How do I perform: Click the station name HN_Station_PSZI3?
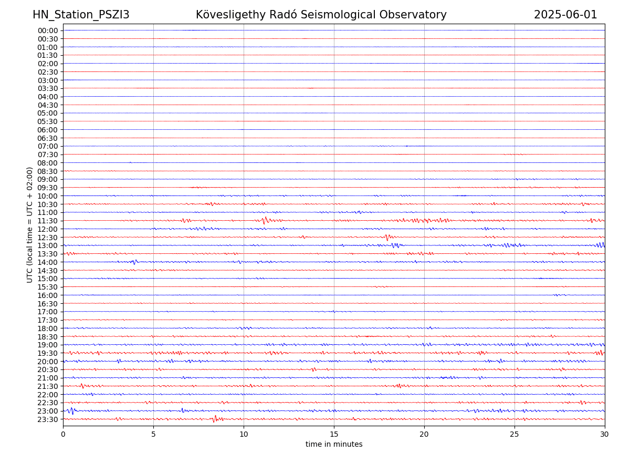pos(81,15)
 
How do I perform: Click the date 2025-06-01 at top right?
pos(565,15)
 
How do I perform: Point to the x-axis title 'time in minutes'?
pos(334,444)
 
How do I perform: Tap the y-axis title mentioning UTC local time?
pos(30,224)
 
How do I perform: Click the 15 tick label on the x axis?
pos(334,435)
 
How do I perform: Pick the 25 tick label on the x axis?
pos(514,435)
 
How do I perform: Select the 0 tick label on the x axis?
pos(63,435)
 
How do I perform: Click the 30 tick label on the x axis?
pos(605,435)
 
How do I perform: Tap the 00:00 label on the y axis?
pos(48,30)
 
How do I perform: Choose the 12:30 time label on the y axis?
pos(48,238)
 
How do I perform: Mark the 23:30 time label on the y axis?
pos(48,419)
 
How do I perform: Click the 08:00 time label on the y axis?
pos(48,163)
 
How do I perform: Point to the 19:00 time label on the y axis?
pos(48,345)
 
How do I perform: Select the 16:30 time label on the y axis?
pos(48,304)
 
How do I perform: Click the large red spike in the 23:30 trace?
pos(214,419)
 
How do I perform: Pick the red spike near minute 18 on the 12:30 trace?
pos(387,238)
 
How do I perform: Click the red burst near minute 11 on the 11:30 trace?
pos(265,220)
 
